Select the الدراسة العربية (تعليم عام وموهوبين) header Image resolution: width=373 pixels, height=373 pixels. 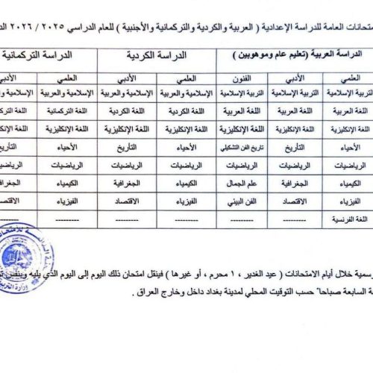pos(292,56)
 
